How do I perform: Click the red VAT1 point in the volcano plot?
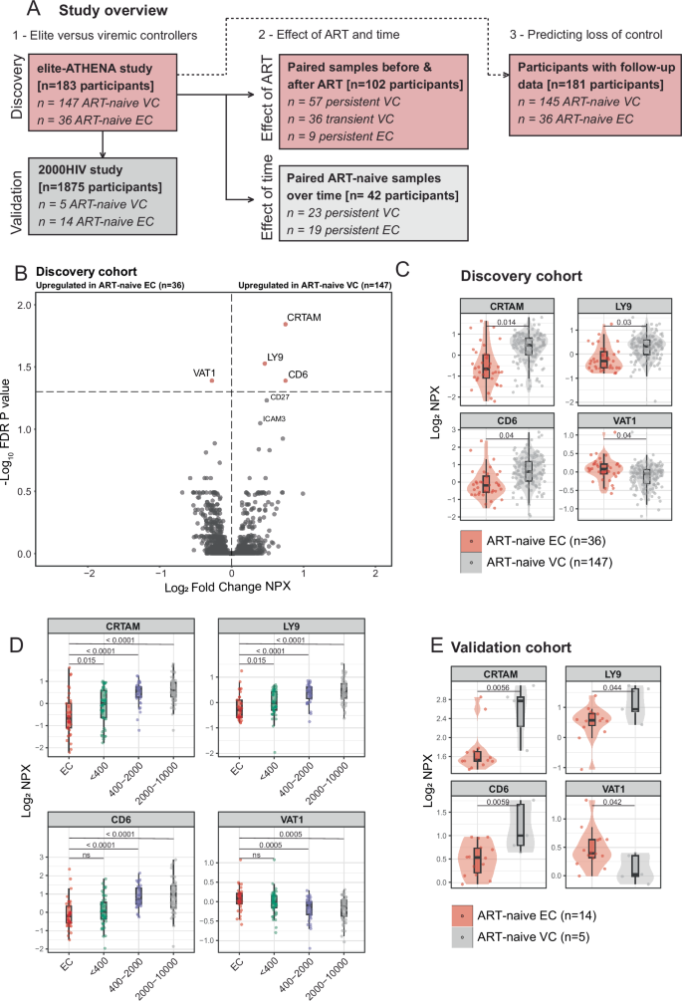tap(212, 380)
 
